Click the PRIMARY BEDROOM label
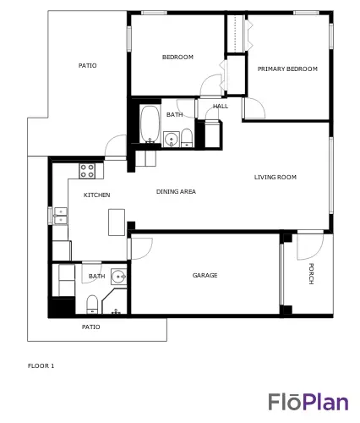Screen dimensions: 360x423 pyautogui.click(x=287, y=69)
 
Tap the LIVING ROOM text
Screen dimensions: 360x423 pyautogui.click(x=275, y=177)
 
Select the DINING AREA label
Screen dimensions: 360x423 pyautogui.click(x=176, y=191)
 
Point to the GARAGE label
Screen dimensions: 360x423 pyautogui.click(x=205, y=275)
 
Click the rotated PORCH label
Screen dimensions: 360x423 pyautogui.click(x=311, y=273)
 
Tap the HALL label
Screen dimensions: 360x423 pyautogui.click(x=221, y=107)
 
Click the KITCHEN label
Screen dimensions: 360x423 pyautogui.click(x=96, y=195)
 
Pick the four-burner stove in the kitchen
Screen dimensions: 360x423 pyautogui.click(x=87, y=171)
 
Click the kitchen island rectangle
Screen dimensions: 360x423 pyautogui.click(x=117, y=222)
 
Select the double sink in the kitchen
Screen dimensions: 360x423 pyautogui.click(x=61, y=216)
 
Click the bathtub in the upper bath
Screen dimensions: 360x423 pyautogui.click(x=150, y=124)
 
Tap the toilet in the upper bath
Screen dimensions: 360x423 pyautogui.click(x=187, y=138)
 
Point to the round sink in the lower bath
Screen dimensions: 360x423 pyautogui.click(x=118, y=277)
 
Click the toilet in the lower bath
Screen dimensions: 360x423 pyautogui.click(x=92, y=305)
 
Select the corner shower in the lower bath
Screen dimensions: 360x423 pyautogui.click(x=115, y=301)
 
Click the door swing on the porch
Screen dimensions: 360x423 pyautogui.click(x=310, y=246)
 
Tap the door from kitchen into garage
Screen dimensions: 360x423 pyautogui.click(x=140, y=249)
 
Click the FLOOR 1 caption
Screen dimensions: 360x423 pyautogui.click(x=41, y=366)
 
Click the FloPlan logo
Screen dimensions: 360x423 pyautogui.click(x=308, y=402)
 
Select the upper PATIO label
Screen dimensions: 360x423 pyautogui.click(x=87, y=66)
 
